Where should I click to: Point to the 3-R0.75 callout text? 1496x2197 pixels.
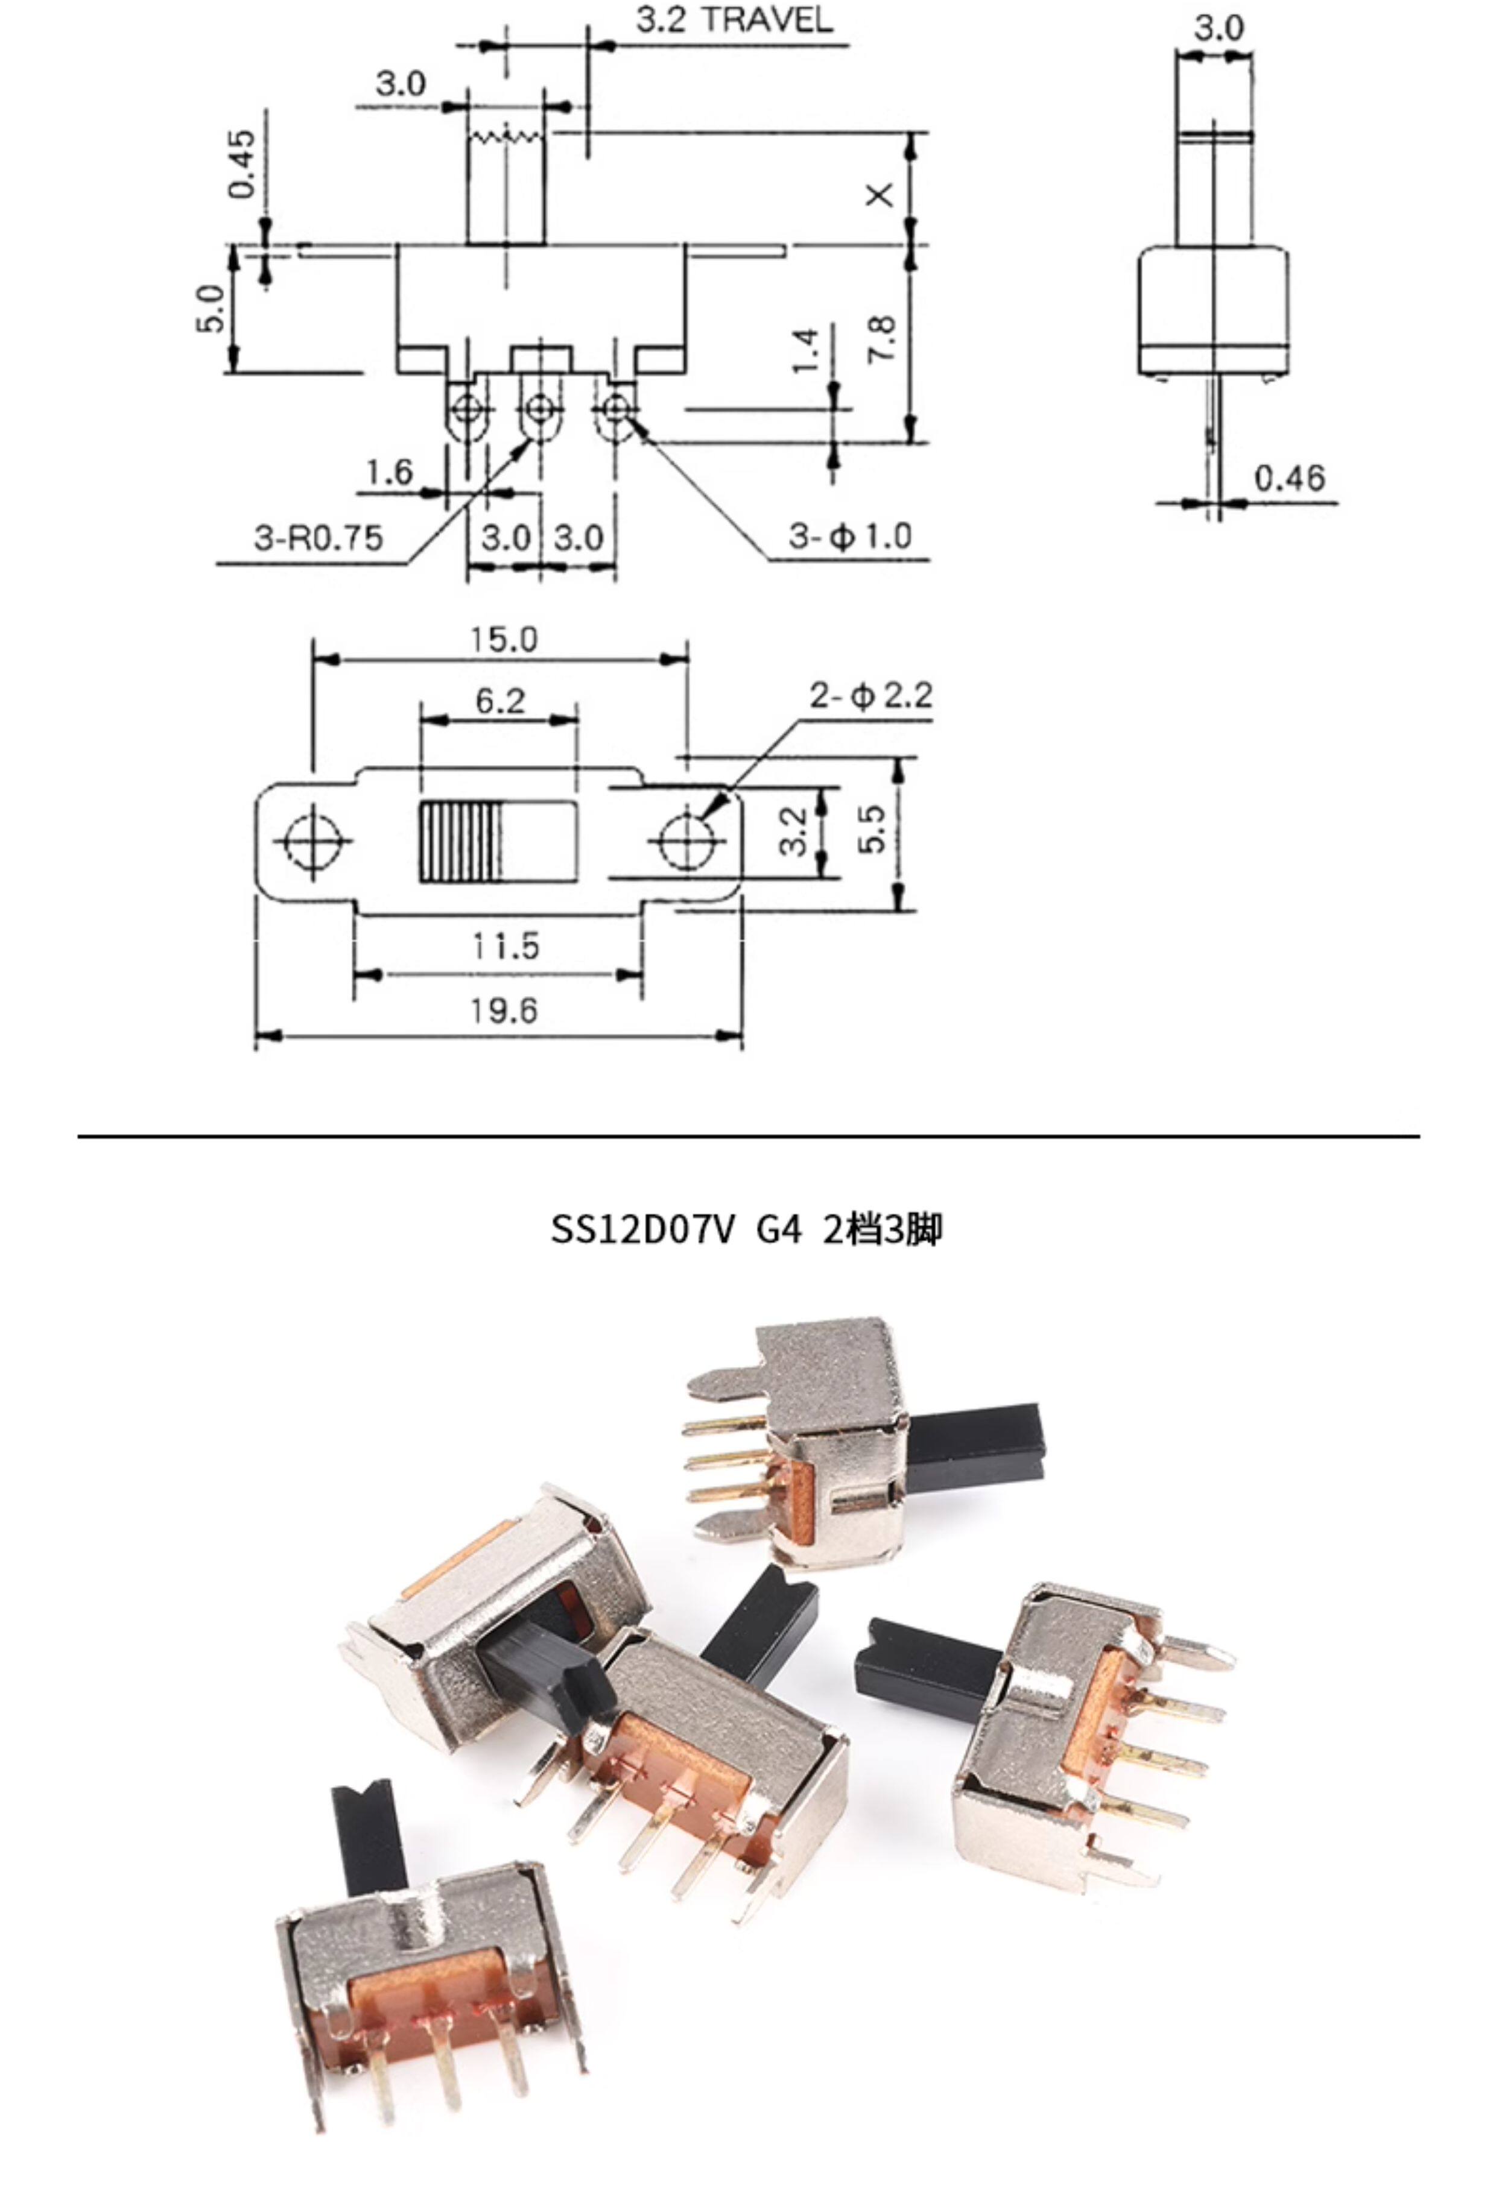(319, 538)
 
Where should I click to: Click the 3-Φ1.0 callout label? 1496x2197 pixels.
(850, 537)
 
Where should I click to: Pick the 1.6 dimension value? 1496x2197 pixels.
(390, 471)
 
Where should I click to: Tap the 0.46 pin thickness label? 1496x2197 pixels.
(1290, 478)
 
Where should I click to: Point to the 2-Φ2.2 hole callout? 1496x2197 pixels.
(870, 696)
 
